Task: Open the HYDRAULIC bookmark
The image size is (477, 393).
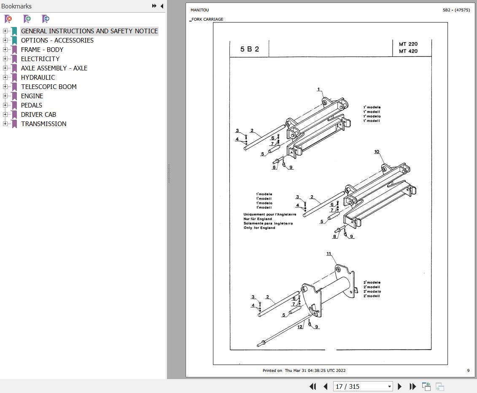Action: coord(38,78)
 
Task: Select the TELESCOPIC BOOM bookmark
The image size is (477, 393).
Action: coord(49,87)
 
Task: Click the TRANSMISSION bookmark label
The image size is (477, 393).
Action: coord(43,124)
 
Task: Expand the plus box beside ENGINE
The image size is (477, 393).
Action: coord(5,96)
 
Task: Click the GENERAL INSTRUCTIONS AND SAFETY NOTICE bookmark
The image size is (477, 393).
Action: coord(89,31)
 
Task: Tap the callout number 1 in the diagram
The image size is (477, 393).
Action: coord(319,89)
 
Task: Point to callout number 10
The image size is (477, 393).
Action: coord(377,152)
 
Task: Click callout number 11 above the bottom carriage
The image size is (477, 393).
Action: coord(329,254)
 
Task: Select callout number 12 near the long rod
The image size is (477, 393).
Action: coord(300,327)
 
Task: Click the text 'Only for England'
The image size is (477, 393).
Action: coord(259,228)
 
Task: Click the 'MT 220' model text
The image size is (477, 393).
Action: coord(408,44)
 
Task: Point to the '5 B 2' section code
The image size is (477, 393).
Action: coord(250,49)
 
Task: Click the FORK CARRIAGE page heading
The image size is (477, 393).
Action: coord(208,19)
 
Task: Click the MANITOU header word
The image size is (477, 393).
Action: coord(199,10)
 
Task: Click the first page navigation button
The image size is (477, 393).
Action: coord(313,386)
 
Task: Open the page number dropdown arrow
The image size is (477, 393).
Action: coord(389,386)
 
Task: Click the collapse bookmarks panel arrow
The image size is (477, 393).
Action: coord(162,6)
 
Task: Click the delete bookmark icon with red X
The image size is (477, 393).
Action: coord(8,19)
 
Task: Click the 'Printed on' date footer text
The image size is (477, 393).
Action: coord(304,371)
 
